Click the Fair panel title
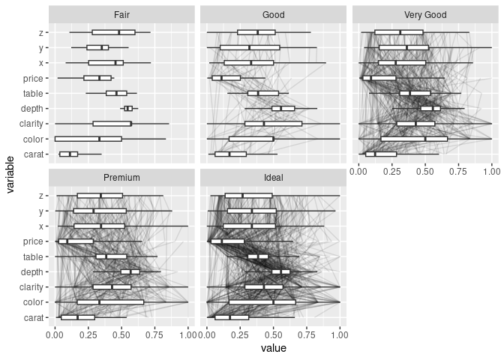(x=121, y=15)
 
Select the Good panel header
(x=273, y=15)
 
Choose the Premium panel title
(x=121, y=178)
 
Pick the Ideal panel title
(x=273, y=178)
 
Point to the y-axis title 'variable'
(x=11, y=172)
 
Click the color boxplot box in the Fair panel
(x=88, y=139)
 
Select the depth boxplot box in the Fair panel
(x=128, y=109)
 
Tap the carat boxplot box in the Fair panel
(x=68, y=154)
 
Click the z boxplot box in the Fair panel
(x=113, y=32)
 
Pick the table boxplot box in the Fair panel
(x=116, y=94)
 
